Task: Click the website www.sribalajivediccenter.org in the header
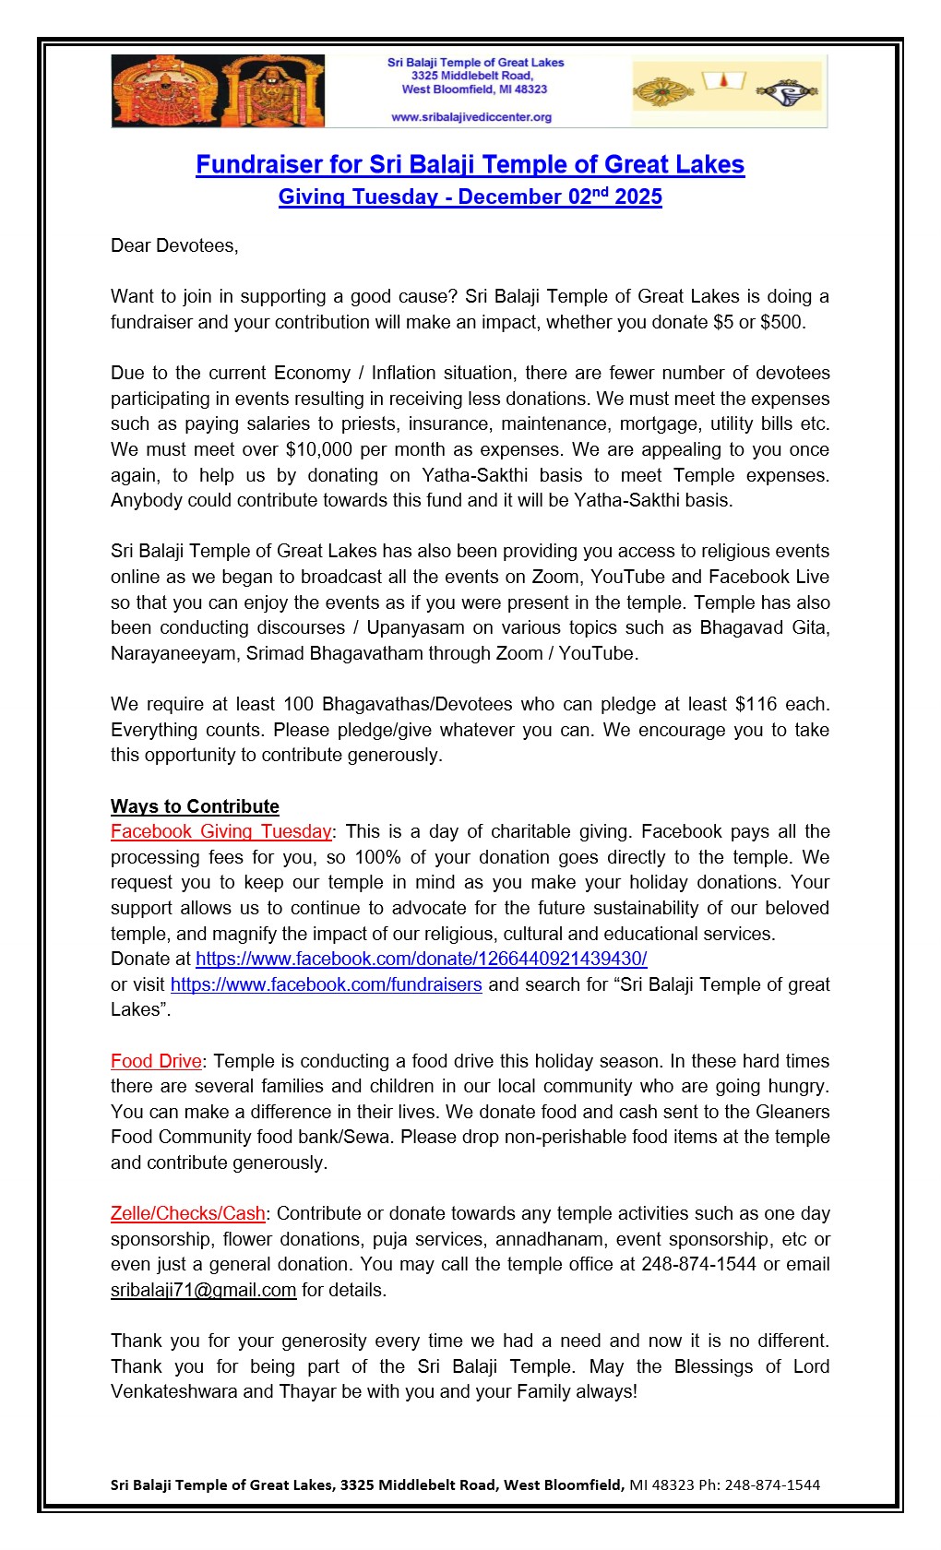[x=471, y=117]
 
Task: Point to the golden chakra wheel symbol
[x=663, y=92]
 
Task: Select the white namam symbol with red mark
[x=724, y=82]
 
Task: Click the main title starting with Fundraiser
[x=470, y=164]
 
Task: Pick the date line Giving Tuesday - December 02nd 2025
[x=470, y=197]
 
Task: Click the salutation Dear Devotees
[x=174, y=245]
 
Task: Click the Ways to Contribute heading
[x=195, y=806]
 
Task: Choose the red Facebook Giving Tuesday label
[x=220, y=831]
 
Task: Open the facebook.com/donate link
[x=421, y=959]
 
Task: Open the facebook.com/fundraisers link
[x=326, y=984]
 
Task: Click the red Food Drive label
[x=156, y=1061]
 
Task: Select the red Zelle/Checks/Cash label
[x=187, y=1213]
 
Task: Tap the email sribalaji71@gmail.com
[x=203, y=1290]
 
